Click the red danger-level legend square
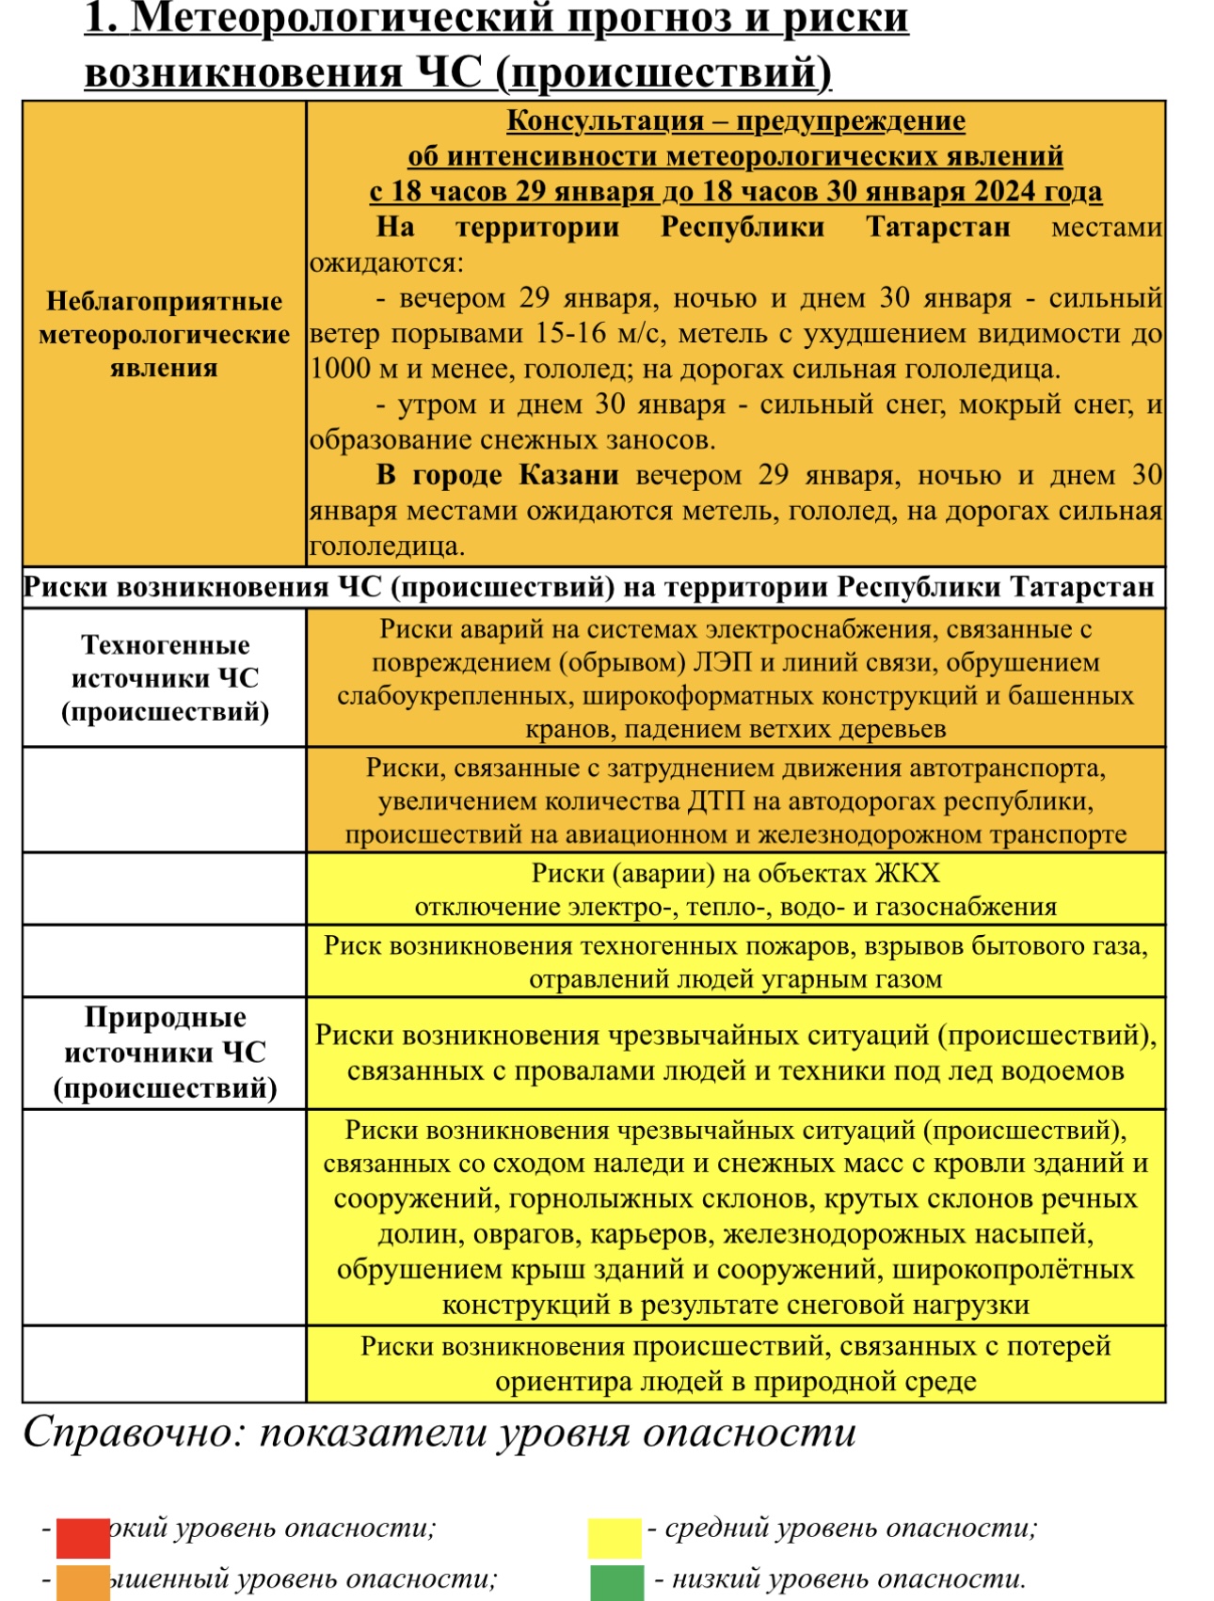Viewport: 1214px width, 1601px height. click(83, 1537)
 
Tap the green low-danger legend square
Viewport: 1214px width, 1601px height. click(616, 1582)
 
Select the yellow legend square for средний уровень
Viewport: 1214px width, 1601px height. click(615, 1537)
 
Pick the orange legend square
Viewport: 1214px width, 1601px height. click(83, 1582)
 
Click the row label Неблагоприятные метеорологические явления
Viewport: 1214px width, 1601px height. click(165, 334)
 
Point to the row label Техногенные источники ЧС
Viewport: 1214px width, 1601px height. click(165, 678)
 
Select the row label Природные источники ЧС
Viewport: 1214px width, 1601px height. click(165, 1053)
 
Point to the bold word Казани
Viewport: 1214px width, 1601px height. click(568, 475)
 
